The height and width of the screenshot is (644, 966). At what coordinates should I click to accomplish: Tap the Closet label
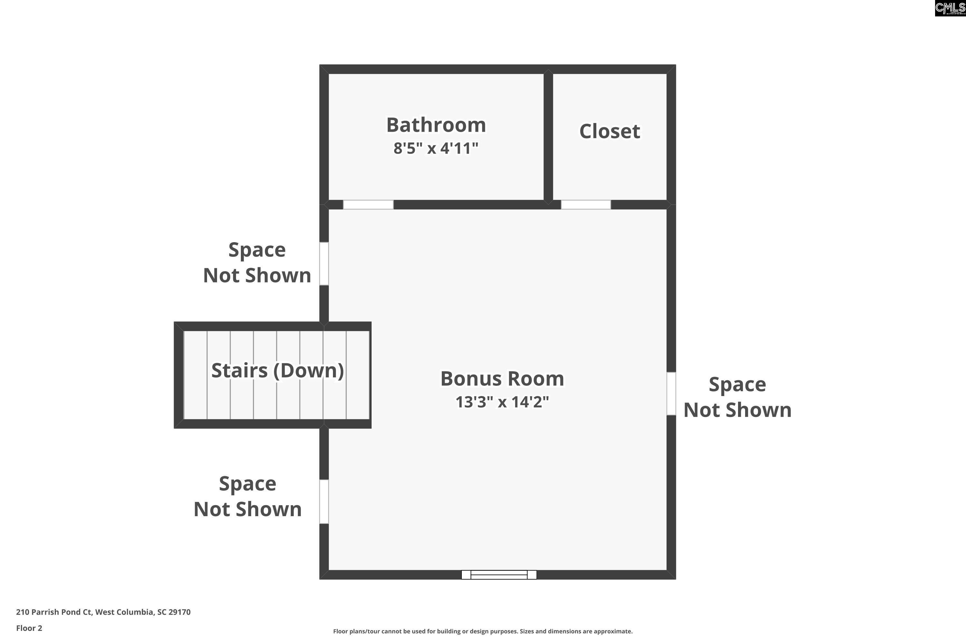point(610,131)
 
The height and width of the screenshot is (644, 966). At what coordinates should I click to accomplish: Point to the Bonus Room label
point(502,379)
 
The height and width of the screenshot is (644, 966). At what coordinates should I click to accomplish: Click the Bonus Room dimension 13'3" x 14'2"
point(502,402)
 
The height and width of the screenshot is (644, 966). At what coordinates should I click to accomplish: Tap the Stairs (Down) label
point(278,371)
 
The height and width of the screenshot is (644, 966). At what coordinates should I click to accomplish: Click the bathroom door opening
point(368,204)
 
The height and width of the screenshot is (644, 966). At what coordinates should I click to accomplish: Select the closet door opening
point(586,204)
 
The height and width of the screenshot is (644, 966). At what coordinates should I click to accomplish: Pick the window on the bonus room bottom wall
point(499,574)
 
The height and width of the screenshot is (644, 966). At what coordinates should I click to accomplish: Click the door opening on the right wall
point(671,393)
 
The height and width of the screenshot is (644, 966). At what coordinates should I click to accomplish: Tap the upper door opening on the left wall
point(324,264)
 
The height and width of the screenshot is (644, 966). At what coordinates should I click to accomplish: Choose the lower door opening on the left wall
point(324,501)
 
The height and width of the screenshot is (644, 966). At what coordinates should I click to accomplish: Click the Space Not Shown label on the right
point(737,397)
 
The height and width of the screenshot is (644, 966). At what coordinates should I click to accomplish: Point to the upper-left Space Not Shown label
point(257,262)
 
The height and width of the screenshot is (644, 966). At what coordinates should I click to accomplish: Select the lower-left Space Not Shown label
point(248,497)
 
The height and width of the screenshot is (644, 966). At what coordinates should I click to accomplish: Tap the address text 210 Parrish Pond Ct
point(54,612)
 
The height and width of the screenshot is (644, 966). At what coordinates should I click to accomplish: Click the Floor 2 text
point(29,628)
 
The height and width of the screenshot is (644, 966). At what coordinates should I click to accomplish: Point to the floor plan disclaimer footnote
point(483,631)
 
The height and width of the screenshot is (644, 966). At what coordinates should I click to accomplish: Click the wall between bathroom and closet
point(548,137)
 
